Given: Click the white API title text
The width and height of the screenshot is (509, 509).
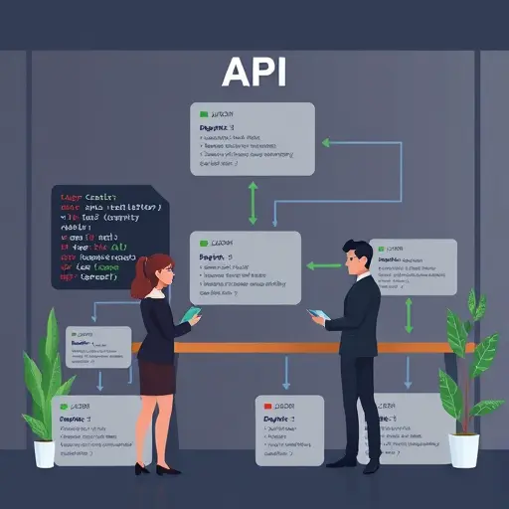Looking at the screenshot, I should point(254,74).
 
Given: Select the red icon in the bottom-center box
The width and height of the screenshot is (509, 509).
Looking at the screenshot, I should point(266,407).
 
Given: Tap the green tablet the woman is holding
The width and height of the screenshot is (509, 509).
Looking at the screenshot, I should point(190,314).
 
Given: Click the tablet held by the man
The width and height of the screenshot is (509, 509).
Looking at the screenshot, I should point(318,314).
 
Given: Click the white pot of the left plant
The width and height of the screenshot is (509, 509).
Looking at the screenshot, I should point(45,452).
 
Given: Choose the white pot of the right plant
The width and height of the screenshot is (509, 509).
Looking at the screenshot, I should point(462,449).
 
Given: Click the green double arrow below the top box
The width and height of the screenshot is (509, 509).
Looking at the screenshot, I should point(253,203).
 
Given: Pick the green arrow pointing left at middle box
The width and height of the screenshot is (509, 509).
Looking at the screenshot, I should point(322,265).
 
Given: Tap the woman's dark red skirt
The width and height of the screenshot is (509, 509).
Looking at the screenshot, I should point(156,379).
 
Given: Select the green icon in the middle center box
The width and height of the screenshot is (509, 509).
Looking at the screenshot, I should point(204,243).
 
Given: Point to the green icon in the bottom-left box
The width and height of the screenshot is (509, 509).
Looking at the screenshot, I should point(66,406).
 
